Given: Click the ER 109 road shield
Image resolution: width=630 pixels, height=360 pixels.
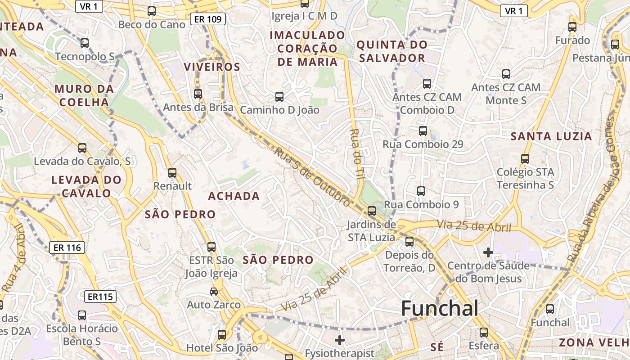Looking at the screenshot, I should [x=207, y=19].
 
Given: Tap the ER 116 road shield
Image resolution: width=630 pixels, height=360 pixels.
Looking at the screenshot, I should [x=67, y=247].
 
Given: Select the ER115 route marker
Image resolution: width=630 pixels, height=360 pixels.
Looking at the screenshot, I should [x=100, y=297].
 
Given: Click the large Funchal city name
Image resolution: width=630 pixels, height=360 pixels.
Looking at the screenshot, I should [x=439, y=309].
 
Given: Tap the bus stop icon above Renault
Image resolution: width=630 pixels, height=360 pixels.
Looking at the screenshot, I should [x=172, y=172].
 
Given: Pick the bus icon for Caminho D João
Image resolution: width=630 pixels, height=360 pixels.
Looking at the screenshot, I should [x=279, y=96].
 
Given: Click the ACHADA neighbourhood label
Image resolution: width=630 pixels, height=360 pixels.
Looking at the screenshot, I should [x=234, y=196].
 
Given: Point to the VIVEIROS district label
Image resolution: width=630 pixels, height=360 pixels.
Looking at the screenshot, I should [x=211, y=67].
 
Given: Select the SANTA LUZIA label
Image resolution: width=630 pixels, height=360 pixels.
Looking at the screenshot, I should [x=551, y=136].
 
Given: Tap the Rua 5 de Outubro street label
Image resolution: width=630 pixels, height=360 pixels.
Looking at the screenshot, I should [x=313, y=178].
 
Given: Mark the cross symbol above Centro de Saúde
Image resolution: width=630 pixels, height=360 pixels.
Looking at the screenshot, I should [x=488, y=252].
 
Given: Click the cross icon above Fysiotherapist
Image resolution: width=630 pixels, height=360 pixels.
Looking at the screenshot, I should [x=340, y=340].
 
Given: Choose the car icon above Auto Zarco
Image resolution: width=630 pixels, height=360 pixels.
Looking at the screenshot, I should [x=214, y=292].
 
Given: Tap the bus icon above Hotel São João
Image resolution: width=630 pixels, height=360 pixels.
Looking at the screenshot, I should [x=221, y=334].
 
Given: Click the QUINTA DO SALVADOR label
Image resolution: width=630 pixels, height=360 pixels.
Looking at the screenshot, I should [x=391, y=51].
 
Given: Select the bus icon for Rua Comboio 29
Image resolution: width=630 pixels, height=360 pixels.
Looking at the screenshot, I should [x=423, y=130].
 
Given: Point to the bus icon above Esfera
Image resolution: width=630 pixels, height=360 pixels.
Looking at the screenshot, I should [x=483, y=333].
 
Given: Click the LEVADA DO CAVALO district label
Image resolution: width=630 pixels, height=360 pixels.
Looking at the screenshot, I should [x=86, y=186].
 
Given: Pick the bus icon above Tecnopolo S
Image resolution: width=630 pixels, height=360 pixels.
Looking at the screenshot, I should [x=84, y=43].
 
